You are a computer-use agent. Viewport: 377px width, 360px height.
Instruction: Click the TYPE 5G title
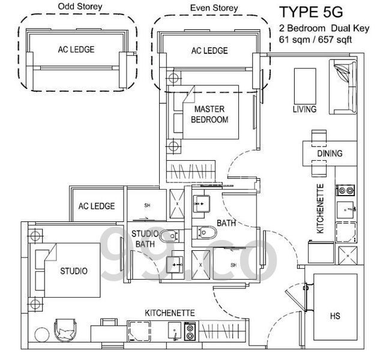coord(311,12)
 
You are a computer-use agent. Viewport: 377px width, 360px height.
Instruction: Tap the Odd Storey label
coord(80,7)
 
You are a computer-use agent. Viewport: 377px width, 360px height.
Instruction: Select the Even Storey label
coord(214,8)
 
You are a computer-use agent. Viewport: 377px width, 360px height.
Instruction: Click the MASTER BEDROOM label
coord(210,115)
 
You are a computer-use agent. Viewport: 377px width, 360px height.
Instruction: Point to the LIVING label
coord(304,109)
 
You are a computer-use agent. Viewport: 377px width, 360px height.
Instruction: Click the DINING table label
coord(330,154)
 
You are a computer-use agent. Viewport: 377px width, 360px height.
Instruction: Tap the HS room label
coord(335,316)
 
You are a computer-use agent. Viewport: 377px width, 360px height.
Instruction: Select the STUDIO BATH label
coord(145,239)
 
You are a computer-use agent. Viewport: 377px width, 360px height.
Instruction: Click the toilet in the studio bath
coord(169,236)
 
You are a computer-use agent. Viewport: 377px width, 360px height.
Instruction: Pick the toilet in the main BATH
coord(207,232)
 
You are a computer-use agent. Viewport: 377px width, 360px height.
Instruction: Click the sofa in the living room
coord(343,87)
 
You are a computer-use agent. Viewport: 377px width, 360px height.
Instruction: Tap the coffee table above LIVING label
coord(305,86)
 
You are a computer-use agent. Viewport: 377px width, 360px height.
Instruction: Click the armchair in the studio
coord(65,330)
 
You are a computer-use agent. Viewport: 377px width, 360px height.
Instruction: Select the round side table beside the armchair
coord(42,335)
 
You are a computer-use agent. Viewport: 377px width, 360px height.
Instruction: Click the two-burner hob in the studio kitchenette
coord(190,332)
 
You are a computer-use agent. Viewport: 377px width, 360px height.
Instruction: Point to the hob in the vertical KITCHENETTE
coord(345,191)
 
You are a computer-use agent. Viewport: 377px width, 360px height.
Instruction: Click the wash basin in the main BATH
coord(201,204)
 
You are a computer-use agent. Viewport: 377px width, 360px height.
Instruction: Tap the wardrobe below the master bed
coord(191,170)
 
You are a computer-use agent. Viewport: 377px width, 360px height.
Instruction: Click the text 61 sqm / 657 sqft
coord(315,40)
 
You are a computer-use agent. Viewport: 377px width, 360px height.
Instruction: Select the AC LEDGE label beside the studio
coord(97,206)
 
